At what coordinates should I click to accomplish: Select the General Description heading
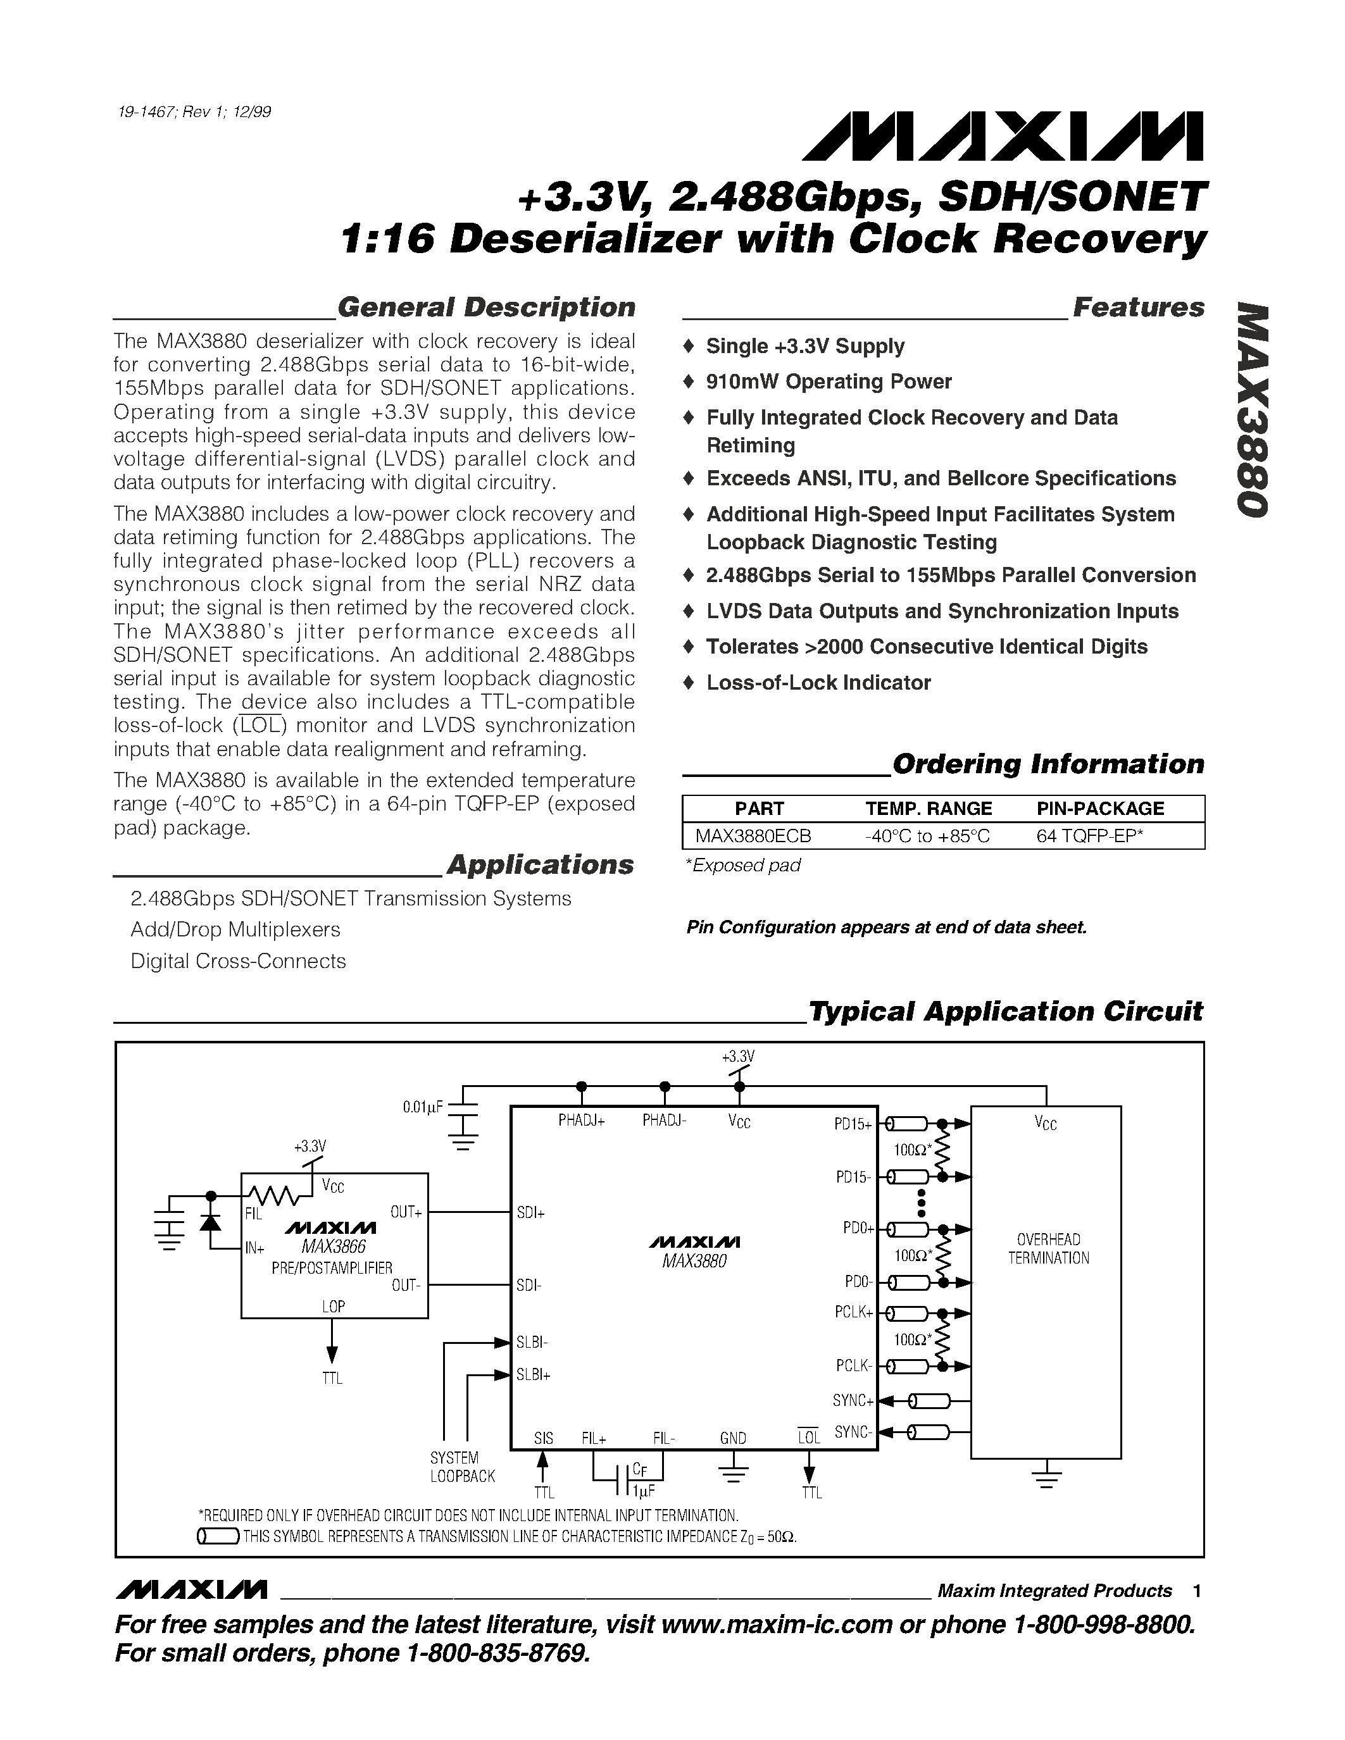[x=486, y=308]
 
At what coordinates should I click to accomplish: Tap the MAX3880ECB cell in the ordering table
[x=753, y=836]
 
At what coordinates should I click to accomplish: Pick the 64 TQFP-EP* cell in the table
[x=1089, y=836]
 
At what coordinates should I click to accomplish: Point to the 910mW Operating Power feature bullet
[x=829, y=382]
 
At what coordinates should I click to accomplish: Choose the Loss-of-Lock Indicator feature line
[x=818, y=683]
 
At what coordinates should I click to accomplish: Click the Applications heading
[x=541, y=865]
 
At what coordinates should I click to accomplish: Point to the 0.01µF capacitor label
[x=422, y=1107]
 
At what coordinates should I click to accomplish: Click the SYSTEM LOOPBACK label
[x=462, y=1467]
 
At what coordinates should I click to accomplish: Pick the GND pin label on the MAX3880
[x=732, y=1438]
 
